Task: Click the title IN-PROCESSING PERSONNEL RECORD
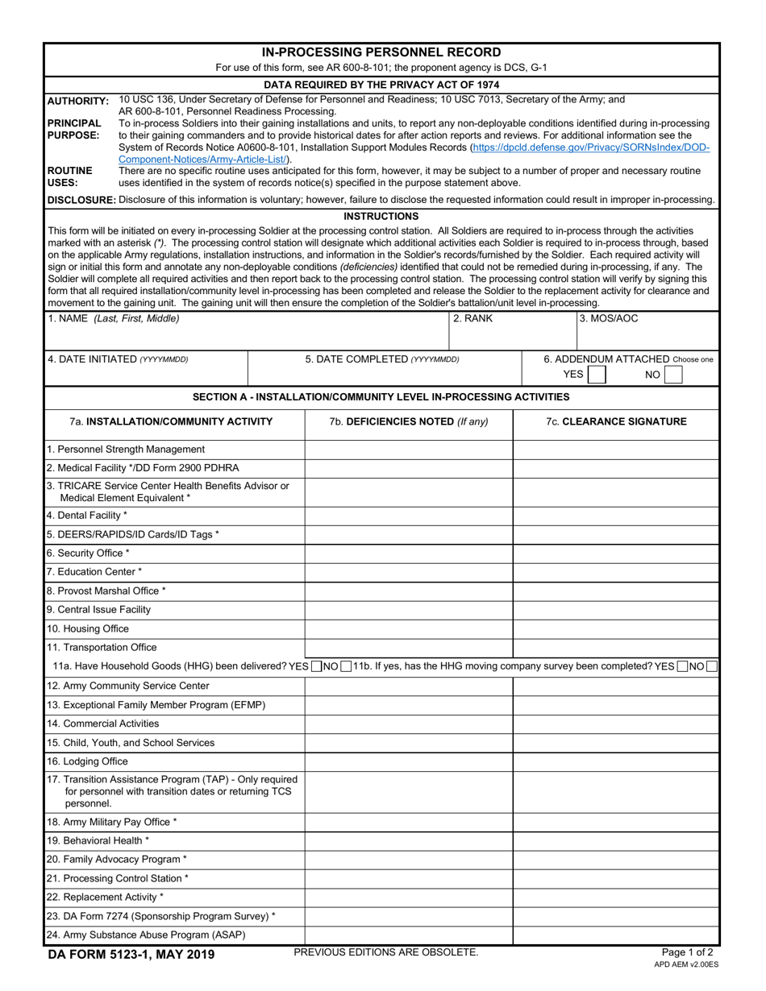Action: [381, 52]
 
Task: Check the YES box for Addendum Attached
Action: [597, 375]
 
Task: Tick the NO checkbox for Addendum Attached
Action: [674, 375]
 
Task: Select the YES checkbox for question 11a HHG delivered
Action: [317, 666]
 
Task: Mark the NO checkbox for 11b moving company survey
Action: [712, 666]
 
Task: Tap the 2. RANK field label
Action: [473, 318]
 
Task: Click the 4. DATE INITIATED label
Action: [118, 359]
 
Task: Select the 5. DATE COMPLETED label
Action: [382, 359]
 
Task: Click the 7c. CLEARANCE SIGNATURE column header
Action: [616, 421]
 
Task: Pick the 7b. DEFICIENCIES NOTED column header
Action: [409, 421]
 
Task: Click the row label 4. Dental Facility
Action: [87, 515]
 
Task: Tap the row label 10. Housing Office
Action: [87, 628]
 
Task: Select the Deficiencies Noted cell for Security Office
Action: [409, 553]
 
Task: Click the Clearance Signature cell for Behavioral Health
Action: [616, 840]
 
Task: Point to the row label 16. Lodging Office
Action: [87, 761]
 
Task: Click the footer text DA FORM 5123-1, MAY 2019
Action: [131, 956]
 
